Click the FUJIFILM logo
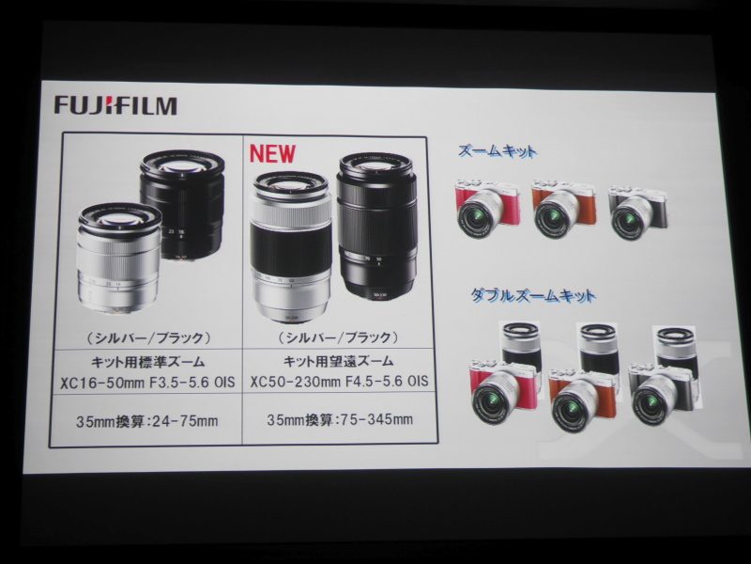coord(115,105)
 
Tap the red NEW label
coord(272,153)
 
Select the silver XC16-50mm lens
coord(119,258)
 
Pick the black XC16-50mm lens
coord(182,205)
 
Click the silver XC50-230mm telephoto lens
coord(291,246)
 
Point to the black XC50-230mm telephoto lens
coord(376,226)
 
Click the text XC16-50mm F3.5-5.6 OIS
coord(147,383)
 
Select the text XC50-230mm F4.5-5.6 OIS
coord(339,381)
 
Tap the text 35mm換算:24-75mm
coord(147,421)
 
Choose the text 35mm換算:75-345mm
coord(340,419)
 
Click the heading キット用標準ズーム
coord(148,362)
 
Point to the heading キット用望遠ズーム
coord(339,360)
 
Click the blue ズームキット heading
coord(498,151)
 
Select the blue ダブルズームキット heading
coord(532,295)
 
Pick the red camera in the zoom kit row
coord(486,208)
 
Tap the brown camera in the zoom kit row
coord(563,209)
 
